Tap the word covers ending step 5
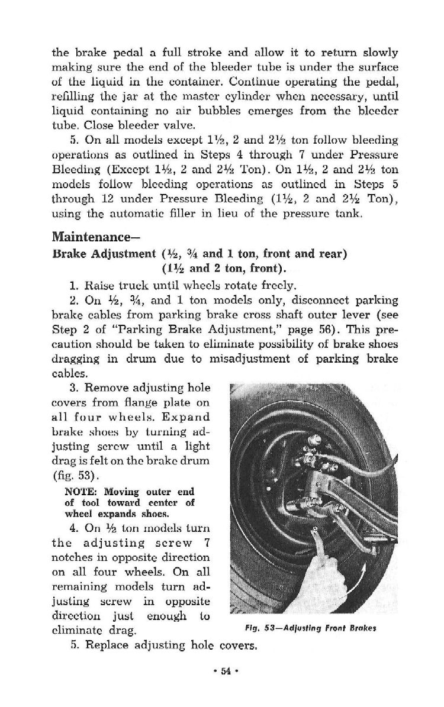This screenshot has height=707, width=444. click(x=239, y=646)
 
